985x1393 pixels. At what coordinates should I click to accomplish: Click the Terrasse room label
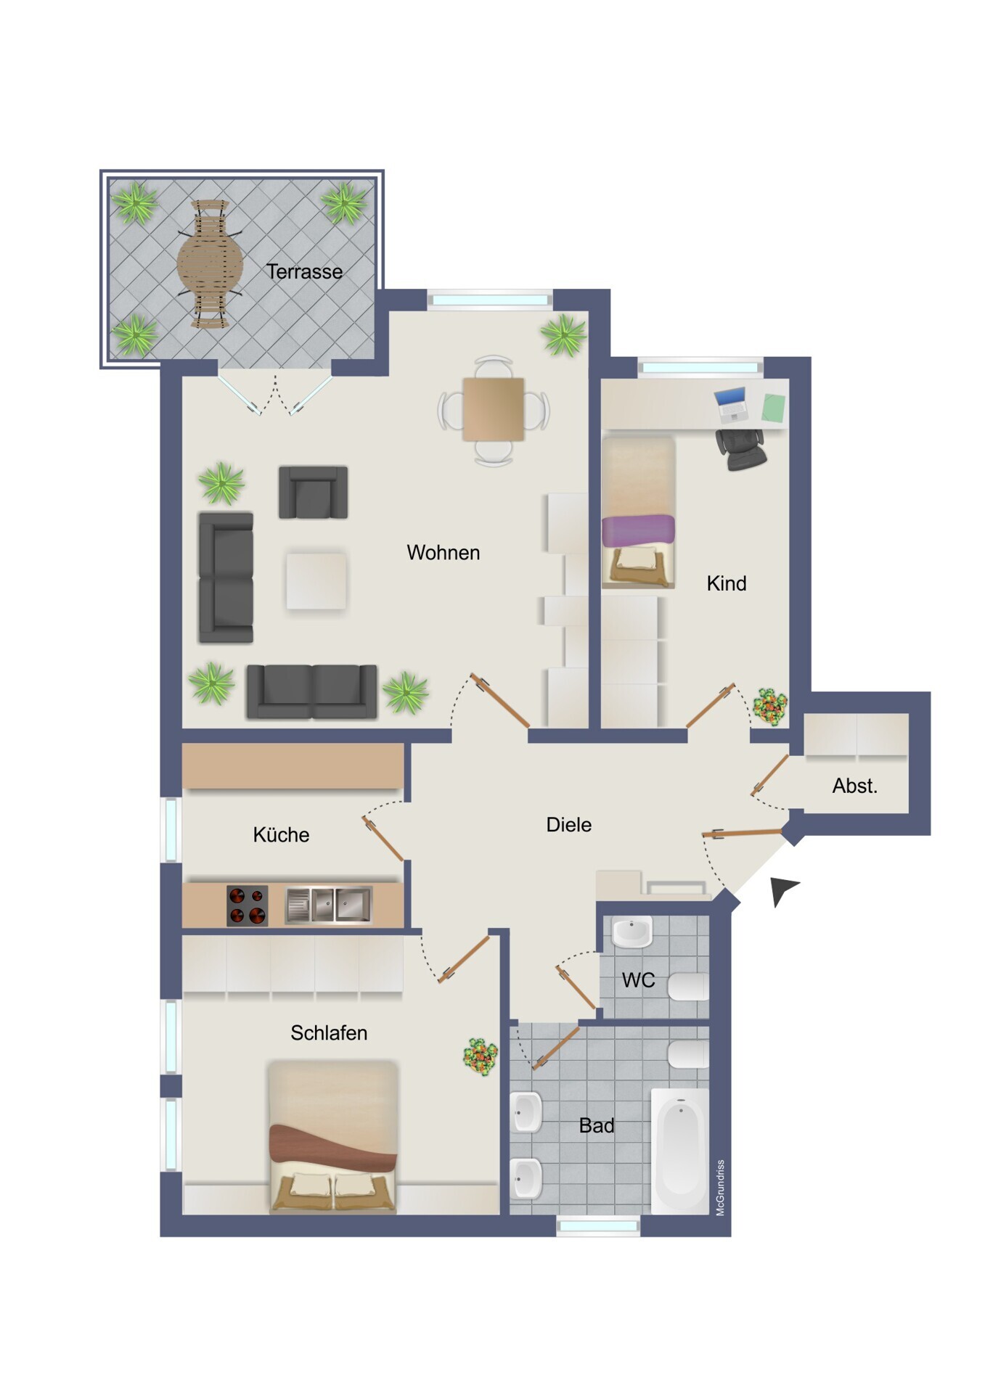pos(304,271)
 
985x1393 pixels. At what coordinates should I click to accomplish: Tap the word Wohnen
pos(443,553)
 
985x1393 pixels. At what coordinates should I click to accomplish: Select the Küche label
pos(281,834)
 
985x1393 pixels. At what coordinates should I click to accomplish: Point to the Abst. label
pos(854,786)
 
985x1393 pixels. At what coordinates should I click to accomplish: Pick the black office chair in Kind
pos(741,449)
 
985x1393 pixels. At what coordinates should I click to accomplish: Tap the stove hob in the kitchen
pos(247,905)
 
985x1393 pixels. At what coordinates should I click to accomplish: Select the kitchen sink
pos(329,905)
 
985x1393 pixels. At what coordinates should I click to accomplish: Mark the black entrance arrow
pos(782,889)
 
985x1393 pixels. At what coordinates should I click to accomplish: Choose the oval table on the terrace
pos(211,264)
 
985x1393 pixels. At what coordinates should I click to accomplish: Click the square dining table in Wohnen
pos(494,409)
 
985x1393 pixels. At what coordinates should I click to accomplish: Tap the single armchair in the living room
pos(313,492)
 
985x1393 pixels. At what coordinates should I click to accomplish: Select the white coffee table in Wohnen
pos(316,580)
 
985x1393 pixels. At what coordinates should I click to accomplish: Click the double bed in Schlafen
pos(333,1137)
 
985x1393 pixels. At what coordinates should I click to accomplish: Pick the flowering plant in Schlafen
pos(481,1056)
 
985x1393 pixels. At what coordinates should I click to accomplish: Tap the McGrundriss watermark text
pos(720,1188)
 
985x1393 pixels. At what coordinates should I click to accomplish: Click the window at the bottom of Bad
pos(598,1226)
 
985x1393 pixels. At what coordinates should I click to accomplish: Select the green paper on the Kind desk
pos(774,408)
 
